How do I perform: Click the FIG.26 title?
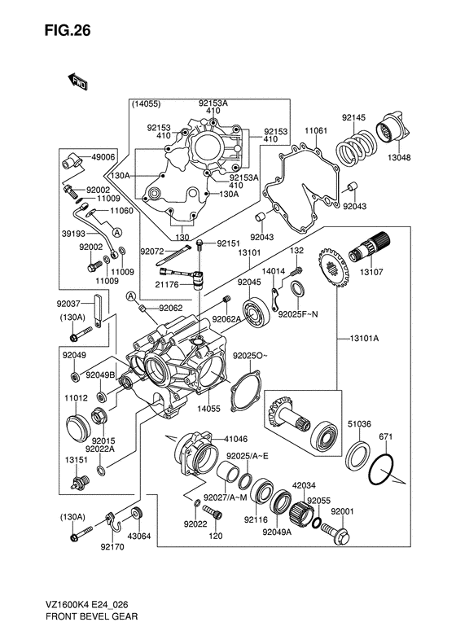(68, 30)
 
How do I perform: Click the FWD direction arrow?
(77, 81)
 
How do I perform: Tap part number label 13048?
(400, 157)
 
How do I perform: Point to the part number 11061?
(316, 131)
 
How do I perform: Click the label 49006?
(103, 157)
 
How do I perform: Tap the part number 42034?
(304, 485)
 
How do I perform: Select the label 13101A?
(364, 339)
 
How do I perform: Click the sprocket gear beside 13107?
(333, 267)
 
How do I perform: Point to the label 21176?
(168, 284)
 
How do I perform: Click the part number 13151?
(76, 459)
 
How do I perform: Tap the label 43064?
(139, 536)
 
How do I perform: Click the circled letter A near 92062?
(130, 296)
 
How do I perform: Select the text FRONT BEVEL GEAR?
(92, 616)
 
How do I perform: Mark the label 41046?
(236, 439)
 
